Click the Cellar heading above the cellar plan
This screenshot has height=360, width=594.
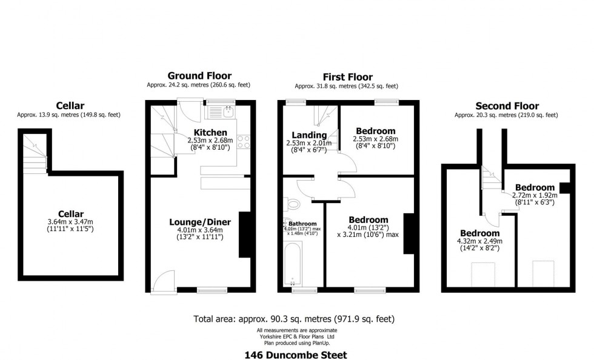point(70,105)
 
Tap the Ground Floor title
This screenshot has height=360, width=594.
point(198,76)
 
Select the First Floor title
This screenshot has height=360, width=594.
point(347,77)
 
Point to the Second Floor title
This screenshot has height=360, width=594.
point(507,106)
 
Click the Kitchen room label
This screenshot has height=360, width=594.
point(210,132)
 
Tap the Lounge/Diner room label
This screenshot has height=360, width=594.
point(199,222)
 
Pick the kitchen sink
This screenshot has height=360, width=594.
point(229,111)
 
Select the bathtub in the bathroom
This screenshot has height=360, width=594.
point(294,263)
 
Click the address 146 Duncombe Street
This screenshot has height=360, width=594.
point(296,355)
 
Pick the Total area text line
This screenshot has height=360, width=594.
point(296,318)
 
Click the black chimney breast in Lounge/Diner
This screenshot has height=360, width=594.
point(246,235)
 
